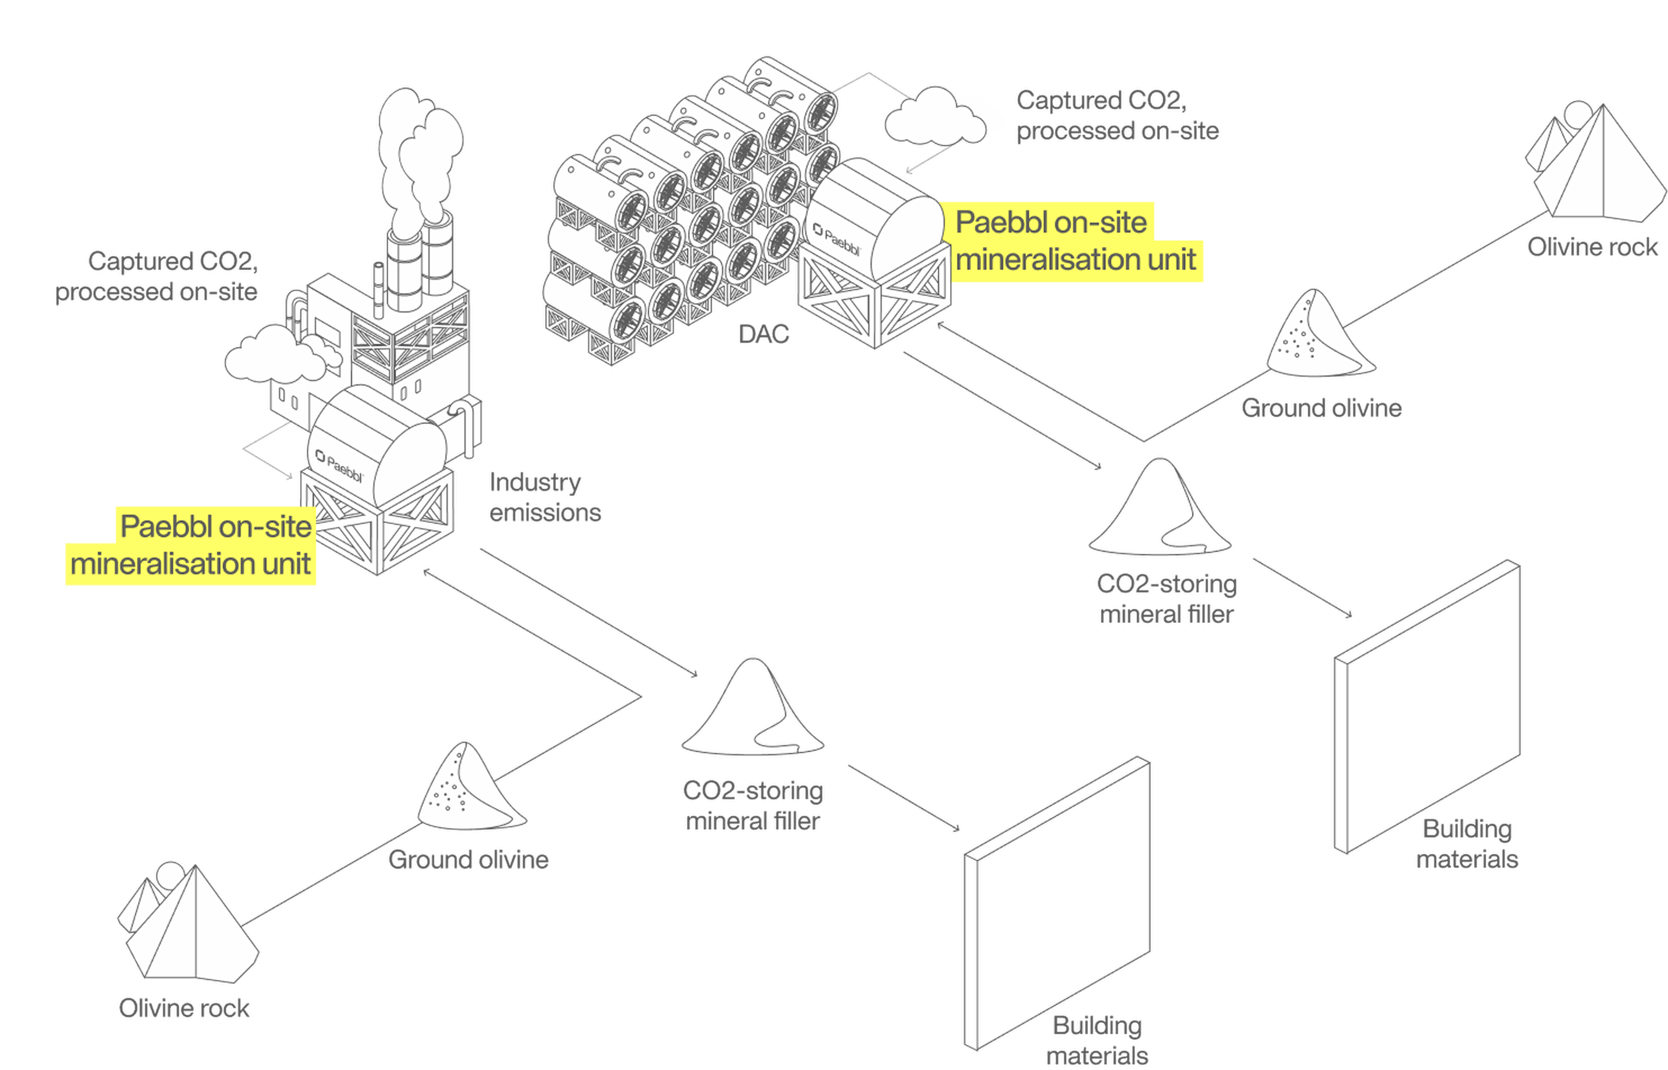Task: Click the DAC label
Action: point(764,334)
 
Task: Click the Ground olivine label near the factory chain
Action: point(468,859)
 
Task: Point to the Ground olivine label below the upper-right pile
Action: point(1321,408)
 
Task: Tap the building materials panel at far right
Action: point(1427,707)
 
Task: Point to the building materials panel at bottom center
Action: point(1057,903)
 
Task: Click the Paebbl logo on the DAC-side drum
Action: point(837,238)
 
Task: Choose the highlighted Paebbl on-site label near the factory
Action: point(191,546)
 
